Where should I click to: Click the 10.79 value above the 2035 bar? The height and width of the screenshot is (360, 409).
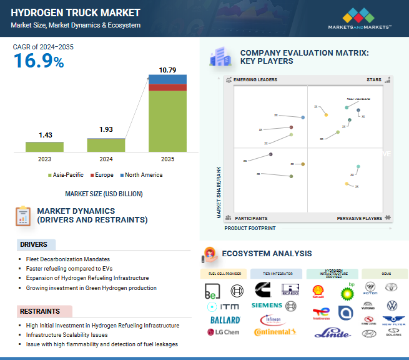(x=167, y=70)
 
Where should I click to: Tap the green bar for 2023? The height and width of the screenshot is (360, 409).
(x=44, y=147)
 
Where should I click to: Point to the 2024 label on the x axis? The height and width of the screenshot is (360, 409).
(x=106, y=159)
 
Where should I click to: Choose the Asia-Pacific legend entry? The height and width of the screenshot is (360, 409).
(x=66, y=175)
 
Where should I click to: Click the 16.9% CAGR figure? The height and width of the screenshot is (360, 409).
(x=39, y=61)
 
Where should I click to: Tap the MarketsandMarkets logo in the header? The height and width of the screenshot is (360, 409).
(x=360, y=19)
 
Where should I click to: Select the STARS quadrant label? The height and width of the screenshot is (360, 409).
(x=374, y=80)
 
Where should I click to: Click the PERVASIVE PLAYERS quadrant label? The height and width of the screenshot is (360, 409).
(x=359, y=218)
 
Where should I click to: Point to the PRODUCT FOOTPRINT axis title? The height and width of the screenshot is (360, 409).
(x=250, y=228)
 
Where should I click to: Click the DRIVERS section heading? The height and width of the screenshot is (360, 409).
(x=34, y=244)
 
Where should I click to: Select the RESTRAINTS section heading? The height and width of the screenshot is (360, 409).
(x=40, y=311)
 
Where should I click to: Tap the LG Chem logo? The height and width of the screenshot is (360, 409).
(x=222, y=332)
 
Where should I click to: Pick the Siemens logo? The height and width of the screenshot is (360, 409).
(x=267, y=306)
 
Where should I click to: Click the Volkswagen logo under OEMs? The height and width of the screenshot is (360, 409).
(x=392, y=306)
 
